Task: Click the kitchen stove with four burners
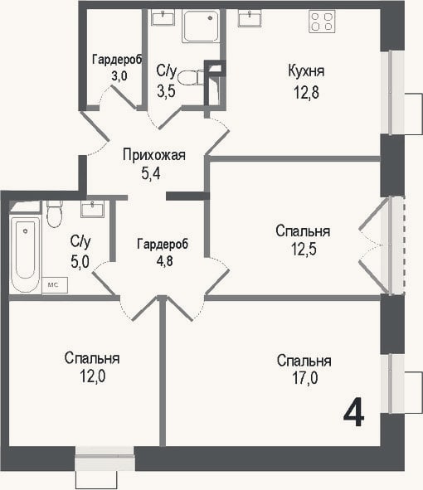click(x=322, y=22)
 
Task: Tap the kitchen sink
click(x=250, y=18)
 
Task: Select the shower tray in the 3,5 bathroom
click(x=202, y=26)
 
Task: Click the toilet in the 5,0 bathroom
click(x=55, y=214)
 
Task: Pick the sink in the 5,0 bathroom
click(x=92, y=209)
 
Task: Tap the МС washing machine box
click(x=55, y=285)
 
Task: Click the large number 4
click(x=353, y=412)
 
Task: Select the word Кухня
click(x=306, y=71)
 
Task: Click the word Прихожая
click(x=153, y=155)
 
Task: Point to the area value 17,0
click(x=305, y=377)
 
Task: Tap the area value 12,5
click(x=304, y=249)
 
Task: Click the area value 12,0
click(x=93, y=376)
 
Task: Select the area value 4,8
click(x=164, y=260)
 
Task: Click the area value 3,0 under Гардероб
click(x=119, y=75)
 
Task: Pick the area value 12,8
click(x=306, y=93)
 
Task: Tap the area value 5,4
click(x=151, y=174)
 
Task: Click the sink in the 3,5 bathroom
click(x=163, y=17)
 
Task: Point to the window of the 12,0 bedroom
click(x=105, y=458)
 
